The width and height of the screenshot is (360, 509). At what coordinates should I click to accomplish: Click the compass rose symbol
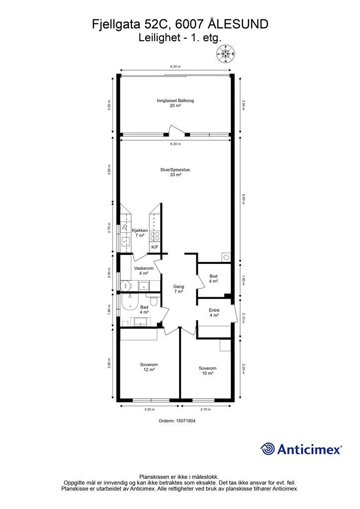(x=226, y=54)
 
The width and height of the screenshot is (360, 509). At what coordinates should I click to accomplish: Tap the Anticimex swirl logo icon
(x=268, y=449)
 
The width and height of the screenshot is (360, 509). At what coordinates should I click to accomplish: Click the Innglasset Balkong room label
(x=176, y=103)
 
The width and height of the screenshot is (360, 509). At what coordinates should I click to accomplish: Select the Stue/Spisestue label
(x=176, y=172)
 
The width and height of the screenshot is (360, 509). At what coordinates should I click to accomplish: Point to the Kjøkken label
(x=140, y=233)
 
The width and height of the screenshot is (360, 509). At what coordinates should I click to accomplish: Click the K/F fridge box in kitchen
(x=155, y=248)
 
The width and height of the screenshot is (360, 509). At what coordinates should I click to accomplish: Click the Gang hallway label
(x=179, y=289)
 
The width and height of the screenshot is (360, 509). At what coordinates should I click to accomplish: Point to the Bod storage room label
(x=213, y=278)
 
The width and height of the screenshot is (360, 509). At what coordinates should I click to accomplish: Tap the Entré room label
(x=214, y=313)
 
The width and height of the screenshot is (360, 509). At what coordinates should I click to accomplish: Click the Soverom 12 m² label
(x=149, y=367)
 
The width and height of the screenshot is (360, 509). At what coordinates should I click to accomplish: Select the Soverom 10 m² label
(x=207, y=371)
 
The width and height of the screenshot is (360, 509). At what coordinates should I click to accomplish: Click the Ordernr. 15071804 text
(x=177, y=421)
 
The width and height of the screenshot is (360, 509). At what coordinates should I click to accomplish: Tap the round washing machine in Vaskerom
(x=125, y=286)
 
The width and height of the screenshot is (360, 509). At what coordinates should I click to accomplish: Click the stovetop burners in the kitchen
(x=155, y=236)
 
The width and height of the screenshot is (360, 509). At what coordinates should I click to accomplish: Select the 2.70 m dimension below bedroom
(x=206, y=410)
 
